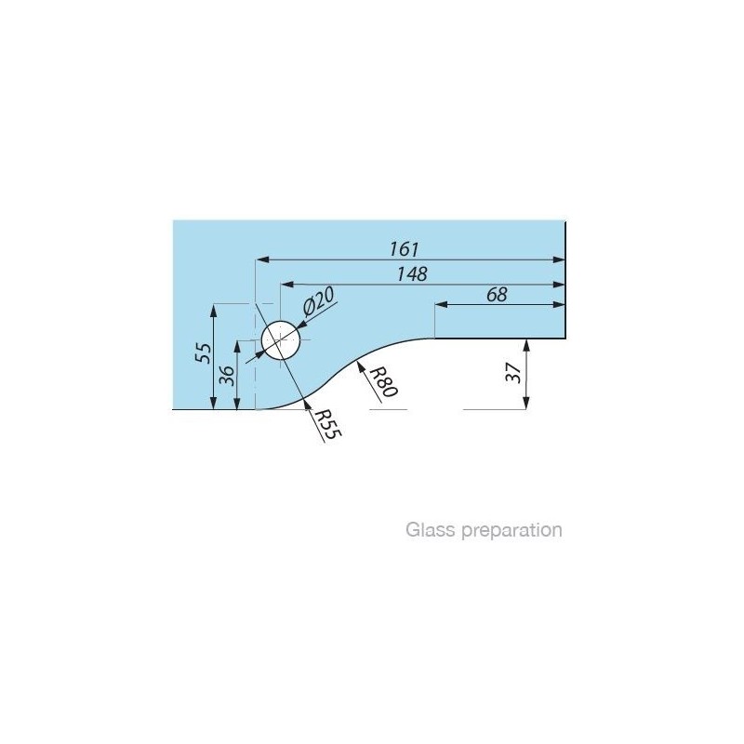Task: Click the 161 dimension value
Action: [x=405, y=249]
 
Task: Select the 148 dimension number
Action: [x=412, y=273]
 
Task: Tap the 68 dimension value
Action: [x=497, y=295]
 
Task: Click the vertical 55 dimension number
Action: [x=204, y=353]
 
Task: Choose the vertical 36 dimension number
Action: [x=228, y=376]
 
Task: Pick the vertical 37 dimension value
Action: [x=513, y=374]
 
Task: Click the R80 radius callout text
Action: [x=383, y=381]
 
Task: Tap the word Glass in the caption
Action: [x=431, y=529]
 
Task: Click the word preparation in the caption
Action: [x=512, y=530]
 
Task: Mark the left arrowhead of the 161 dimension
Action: [x=262, y=259]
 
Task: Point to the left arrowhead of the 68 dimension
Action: [x=441, y=304]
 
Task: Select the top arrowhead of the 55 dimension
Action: [x=214, y=311]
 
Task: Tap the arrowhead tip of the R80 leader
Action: [x=357, y=362]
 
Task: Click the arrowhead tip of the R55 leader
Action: [x=305, y=398]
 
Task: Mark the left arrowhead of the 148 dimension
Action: [x=287, y=285]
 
